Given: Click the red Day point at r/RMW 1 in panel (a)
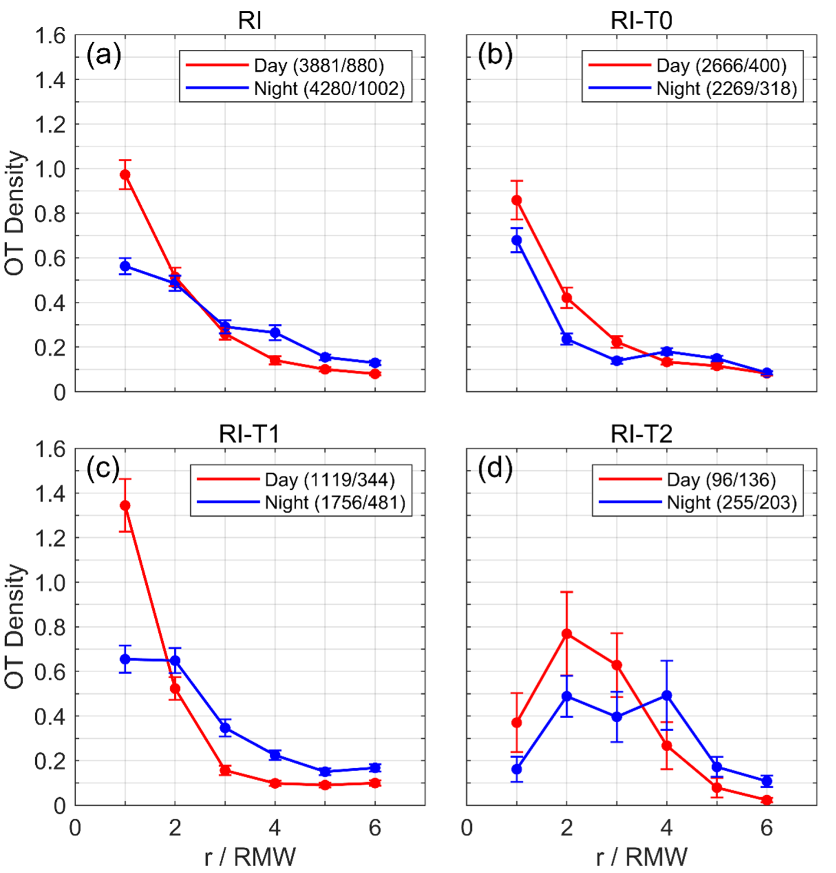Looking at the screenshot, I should pyautogui.click(x=125, y=175).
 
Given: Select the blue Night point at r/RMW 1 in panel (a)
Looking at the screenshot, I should pyautogui.click(x=125, y=266).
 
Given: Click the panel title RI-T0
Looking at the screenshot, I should pyautogui.click(x=641, y=21).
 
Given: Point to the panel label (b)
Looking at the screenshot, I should pyautogui.click(x=495, y=55).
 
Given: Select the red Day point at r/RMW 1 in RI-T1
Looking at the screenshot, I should pyautogui.click(x=125, y=506).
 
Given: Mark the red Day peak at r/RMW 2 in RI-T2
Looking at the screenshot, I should pyautogui.click(x=567, y=634).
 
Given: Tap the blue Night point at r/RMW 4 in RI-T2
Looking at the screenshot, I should pyautogui.click(x=667, y=696).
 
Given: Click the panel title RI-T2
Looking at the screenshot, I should pyautogui.click(x=641, y=435).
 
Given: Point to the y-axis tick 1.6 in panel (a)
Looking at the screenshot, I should pyautogui.click(x=50, y=36).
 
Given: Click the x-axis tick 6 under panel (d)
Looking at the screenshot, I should pyautogui.click(x=767, y=828).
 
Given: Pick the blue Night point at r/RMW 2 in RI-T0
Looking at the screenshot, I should pyautogui.click(x=567, y=339).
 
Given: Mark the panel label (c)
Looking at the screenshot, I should pyautogui.click(x=103, y=469).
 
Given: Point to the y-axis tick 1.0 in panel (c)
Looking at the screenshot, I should pyautogui.click(x=50, y=583).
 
